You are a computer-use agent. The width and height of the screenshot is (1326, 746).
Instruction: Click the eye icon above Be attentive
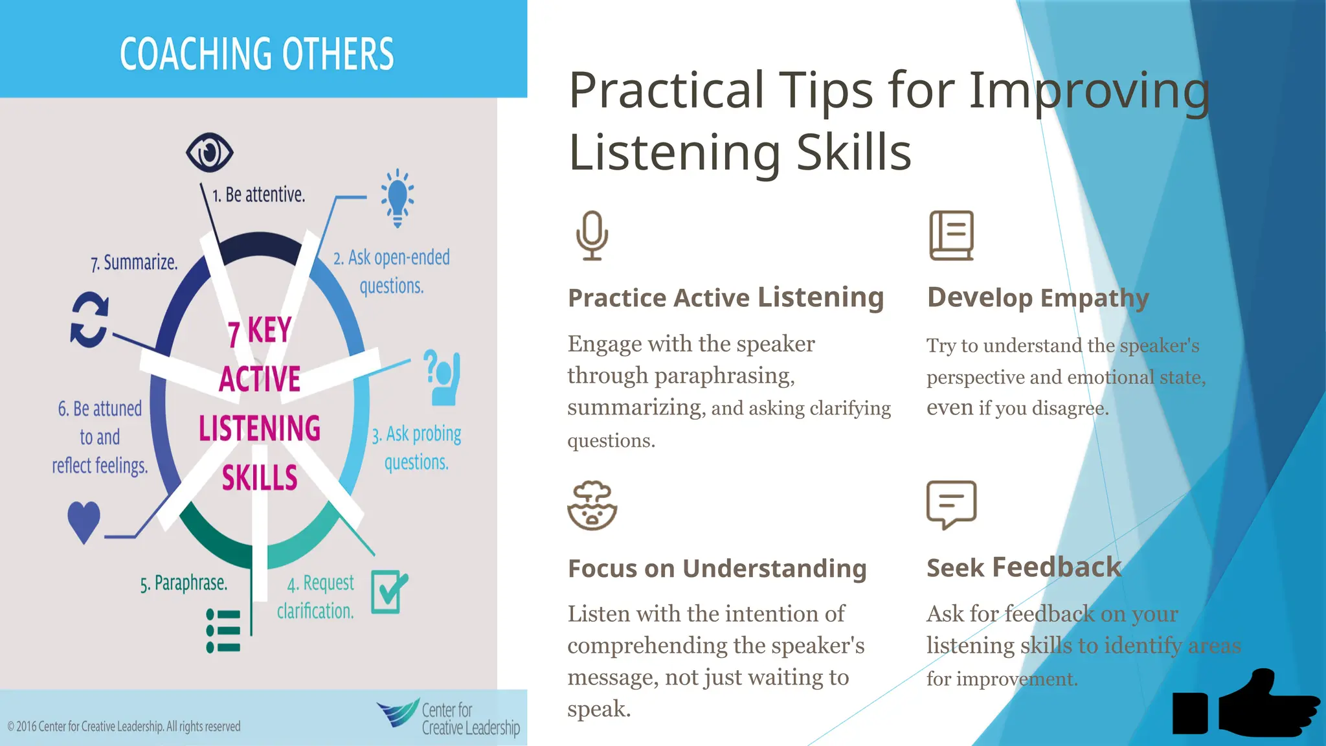209,153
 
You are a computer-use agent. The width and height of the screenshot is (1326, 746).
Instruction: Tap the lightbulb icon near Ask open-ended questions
397,198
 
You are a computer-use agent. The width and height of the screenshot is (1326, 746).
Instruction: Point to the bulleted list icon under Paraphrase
223,630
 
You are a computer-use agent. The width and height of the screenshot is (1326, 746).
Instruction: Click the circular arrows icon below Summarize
89,320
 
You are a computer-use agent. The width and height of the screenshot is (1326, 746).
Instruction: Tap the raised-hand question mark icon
442,378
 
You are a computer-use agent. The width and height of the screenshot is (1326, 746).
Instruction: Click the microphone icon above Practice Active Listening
592,236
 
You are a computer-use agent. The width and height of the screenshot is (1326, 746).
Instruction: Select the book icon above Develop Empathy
951,236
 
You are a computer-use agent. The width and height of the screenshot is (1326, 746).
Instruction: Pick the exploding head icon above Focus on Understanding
592,506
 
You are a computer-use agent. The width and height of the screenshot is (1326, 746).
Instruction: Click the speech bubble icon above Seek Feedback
951,504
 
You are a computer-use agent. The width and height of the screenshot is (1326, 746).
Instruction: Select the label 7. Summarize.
134,263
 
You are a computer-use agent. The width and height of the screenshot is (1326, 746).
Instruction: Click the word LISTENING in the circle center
260,429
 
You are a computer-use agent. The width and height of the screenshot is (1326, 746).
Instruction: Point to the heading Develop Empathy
1037,298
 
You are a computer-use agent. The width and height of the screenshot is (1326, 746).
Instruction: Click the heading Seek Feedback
1023,567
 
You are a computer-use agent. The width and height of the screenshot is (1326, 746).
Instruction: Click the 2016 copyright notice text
124,727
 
